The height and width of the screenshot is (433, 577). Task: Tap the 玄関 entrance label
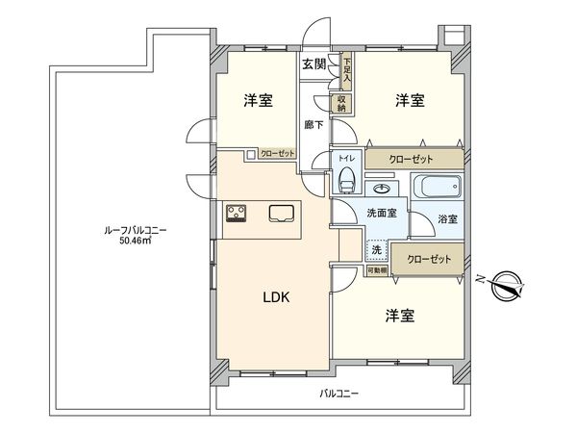pyautogui.click(x=314, y=64)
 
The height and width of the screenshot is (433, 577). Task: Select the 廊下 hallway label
pyautogui.click(x=313, y=124)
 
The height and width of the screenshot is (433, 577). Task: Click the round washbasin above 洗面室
pyautogui.click(x=382, y=187)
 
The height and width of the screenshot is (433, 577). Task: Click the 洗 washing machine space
pyautogui.click(x=376, y=249)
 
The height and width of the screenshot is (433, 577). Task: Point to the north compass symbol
pyautogui.click(x=505, y=284)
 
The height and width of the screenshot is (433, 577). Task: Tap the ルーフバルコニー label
pyautogui.click(x=134, y=230)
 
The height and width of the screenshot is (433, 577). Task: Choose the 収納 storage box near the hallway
pyautogui.click(x=341, y=102)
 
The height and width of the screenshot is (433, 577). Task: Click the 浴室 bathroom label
pyautogui.click(x=448, y=219)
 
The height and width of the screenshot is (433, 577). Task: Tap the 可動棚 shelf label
pyautogui.click(x=376, y=271)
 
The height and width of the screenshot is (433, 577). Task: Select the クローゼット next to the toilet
pyautogui.click(x=411, y=158)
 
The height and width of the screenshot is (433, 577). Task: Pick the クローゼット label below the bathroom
pyautogui.click(x=427, y=259)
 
